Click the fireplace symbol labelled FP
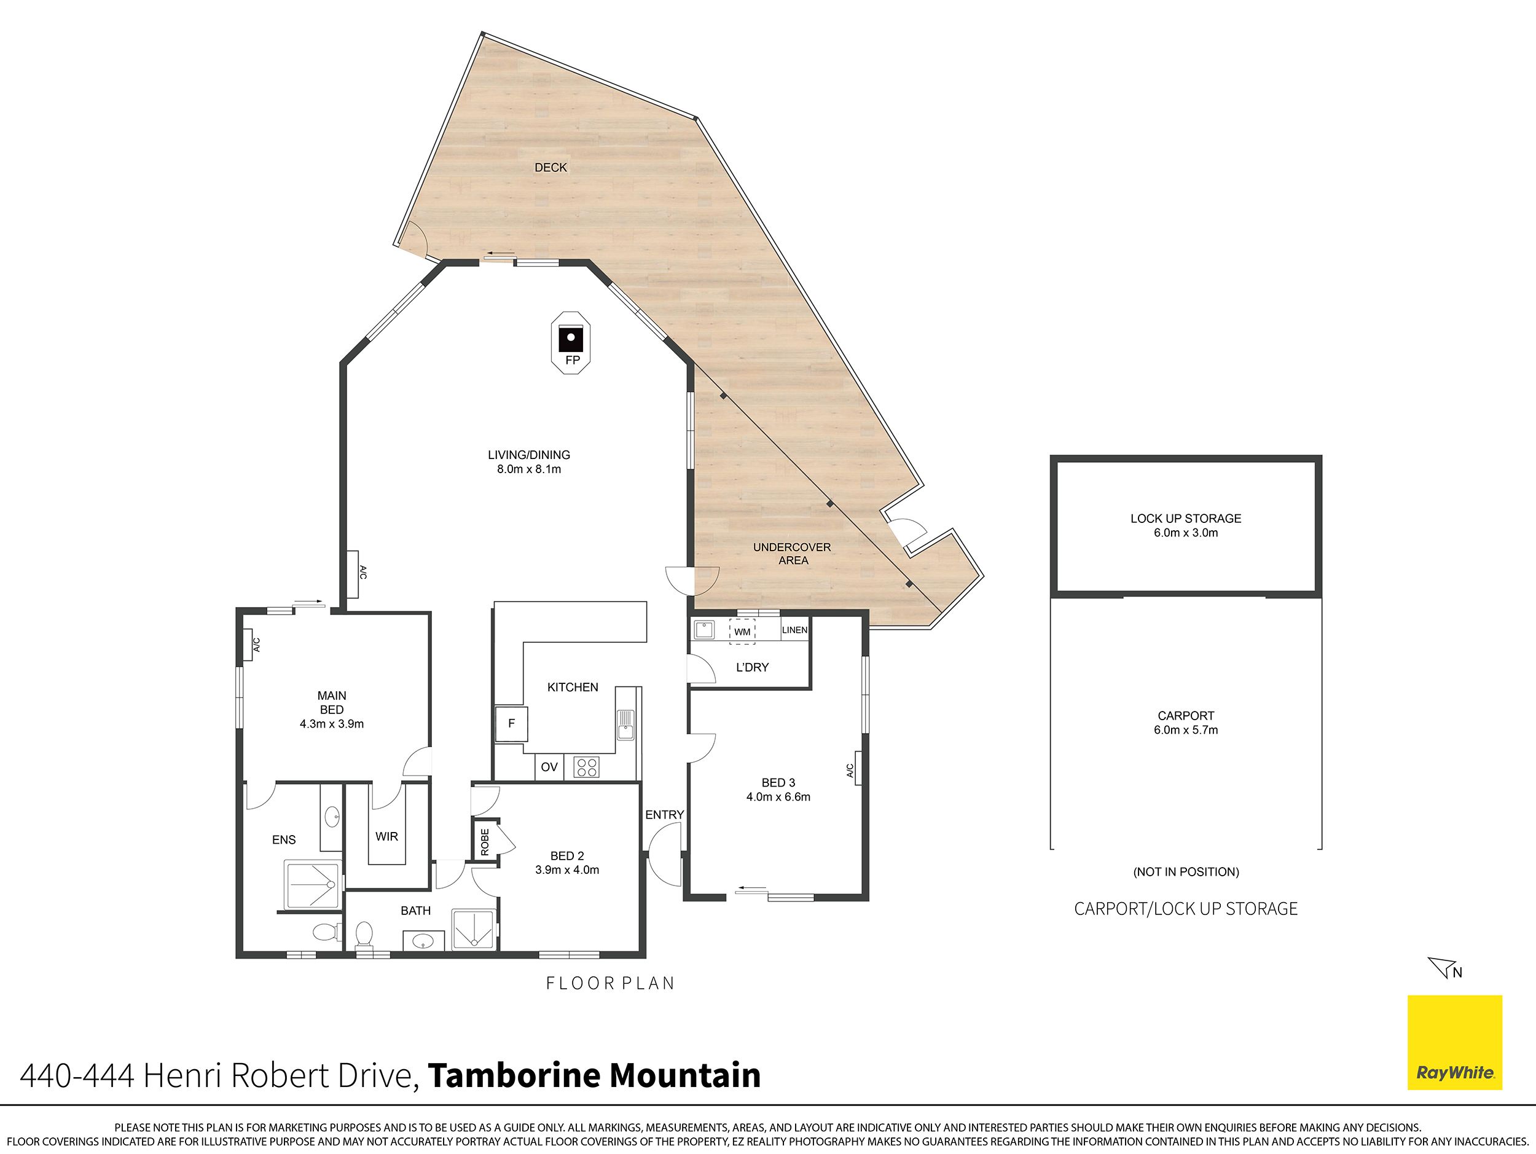(x=571, y=342)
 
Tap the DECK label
(x=551, y=167)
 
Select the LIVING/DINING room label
(x=528, y=461)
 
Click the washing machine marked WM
(x=742, y=631)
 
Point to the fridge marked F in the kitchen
(x=511, y=723)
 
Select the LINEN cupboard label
(x=794, y=630)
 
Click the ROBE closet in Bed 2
(x=485, y=842)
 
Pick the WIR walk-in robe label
(x=387, y=837)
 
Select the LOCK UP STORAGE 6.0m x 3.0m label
(x=1185, y=525)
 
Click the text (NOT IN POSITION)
(x=1186, y=871)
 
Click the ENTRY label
(x=665, y=814)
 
